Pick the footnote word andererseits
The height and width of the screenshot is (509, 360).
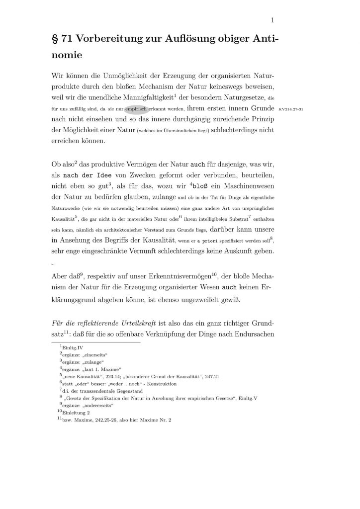tap(96, 405)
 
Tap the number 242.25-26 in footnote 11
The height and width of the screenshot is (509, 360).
tap(113, 420)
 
